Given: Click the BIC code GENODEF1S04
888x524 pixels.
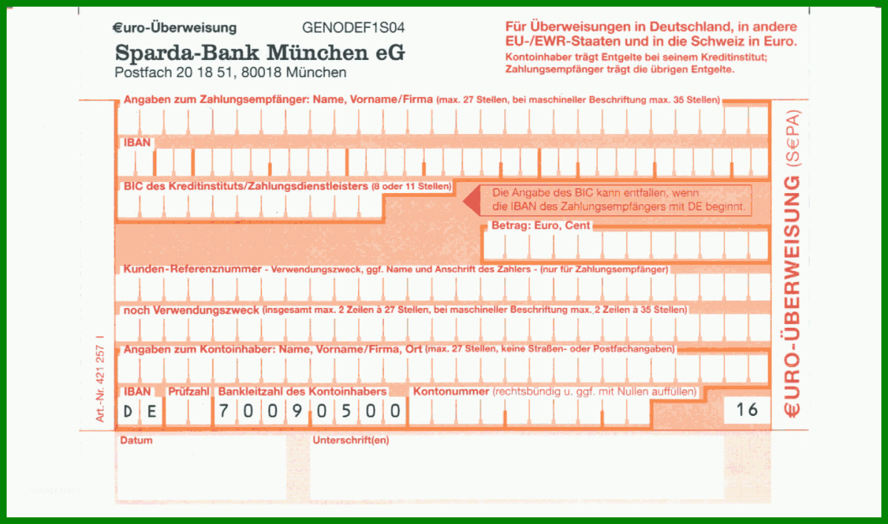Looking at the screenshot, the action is click(x=353, y=27).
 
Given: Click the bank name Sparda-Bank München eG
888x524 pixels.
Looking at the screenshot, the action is click(x=260, y=53).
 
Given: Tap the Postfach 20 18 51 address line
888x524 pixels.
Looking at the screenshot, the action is click(x=230, y=73).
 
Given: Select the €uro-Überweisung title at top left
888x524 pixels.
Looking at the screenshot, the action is click(x=175, y=27).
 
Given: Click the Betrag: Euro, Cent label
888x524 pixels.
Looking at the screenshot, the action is click(x=541, y=226).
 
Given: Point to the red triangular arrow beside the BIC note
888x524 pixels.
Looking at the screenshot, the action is click(x=472, y=201).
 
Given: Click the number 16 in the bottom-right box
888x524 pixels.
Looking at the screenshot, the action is click(x=747, y=409).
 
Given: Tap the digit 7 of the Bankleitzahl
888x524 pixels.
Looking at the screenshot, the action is click(x=223, y=411).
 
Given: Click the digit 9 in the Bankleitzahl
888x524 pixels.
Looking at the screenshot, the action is click(x=297, y=411).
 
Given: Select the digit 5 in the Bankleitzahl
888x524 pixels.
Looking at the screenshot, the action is click(x=346, y=411).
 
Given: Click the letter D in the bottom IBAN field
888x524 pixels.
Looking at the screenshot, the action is click(x=127, y=412).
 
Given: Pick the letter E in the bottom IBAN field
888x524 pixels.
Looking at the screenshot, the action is click(x=152, y=412).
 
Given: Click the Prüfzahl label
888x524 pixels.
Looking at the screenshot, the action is click(x=188, y=392).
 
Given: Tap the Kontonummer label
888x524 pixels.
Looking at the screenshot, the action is click(x=451, y=392).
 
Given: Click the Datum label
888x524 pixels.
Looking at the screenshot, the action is click(x=136, y=440).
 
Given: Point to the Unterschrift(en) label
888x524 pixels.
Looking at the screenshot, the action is click(x=351, y=440).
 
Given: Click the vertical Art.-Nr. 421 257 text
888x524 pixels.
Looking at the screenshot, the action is click(x=100, y=379).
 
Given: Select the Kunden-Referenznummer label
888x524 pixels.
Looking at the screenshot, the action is click(x=192, y=269).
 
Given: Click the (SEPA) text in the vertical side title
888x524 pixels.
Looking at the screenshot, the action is click(x=793, y=138).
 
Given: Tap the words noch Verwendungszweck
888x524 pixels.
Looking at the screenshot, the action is click(x=191, y=310).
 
